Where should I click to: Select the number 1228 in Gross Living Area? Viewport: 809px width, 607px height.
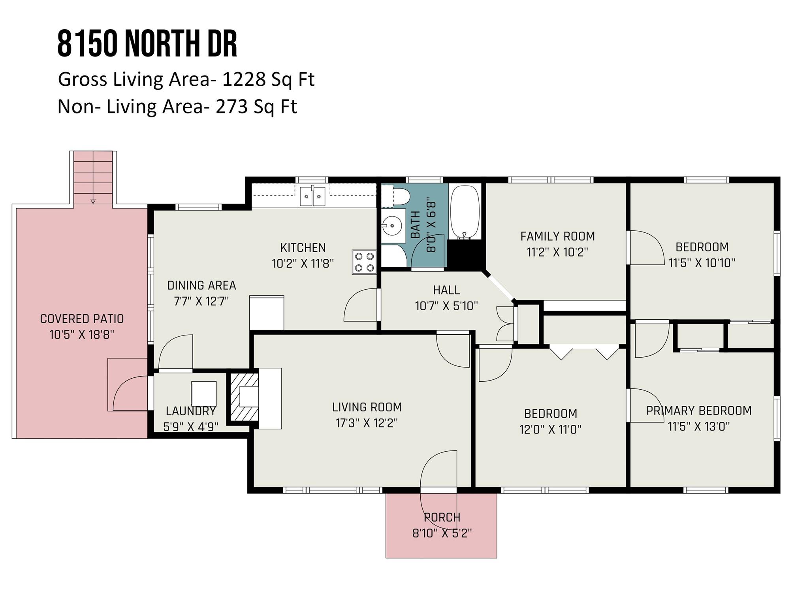coord(243,79)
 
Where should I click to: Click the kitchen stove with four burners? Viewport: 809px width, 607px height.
coord(364,262)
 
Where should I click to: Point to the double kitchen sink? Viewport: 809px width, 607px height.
coord(312,196)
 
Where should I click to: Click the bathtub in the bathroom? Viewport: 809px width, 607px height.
coord(465,212)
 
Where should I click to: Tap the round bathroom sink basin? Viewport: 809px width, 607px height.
coord(393,226)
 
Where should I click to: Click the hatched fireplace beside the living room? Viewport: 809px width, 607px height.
coord(244,397)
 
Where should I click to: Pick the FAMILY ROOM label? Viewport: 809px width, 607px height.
coord(557,236)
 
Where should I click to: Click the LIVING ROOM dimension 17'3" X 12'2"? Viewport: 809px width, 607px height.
coord(367,423)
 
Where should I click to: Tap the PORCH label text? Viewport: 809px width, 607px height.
coord(442,517)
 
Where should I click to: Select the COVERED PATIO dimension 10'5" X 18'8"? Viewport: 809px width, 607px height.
coord(82,335)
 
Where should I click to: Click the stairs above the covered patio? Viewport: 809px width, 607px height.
coord(93,177)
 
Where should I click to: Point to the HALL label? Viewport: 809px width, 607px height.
coord(446,290)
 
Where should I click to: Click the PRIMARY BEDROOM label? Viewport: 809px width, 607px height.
coord(698,411)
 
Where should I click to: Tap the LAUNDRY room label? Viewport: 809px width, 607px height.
coord(190,411)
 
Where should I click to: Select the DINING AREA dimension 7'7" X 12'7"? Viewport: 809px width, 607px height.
coord(201,302)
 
